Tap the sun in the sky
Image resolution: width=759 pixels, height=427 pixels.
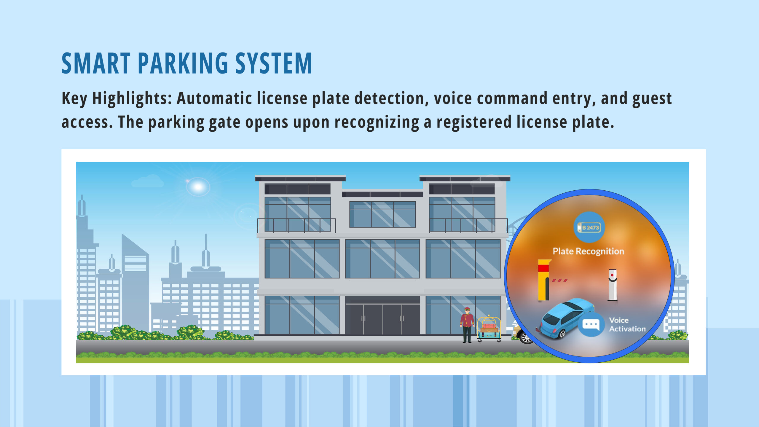[x=198, y=187]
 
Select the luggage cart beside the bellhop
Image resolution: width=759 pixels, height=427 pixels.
[x=489, y=329]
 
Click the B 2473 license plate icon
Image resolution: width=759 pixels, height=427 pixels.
[x=589, y=227]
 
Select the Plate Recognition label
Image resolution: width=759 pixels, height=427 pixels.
[x=588, y=251]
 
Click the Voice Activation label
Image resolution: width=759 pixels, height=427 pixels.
[x=627, y=324]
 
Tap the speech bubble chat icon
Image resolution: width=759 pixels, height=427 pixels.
[x=591, y=324]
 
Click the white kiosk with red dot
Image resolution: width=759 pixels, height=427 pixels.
[x=613, y=285]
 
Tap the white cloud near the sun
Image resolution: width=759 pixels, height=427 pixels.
[x=147, y=181]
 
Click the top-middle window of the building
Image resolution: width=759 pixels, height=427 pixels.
[x=382, y=214]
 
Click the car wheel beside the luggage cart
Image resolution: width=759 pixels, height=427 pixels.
[x=526, y=337]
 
